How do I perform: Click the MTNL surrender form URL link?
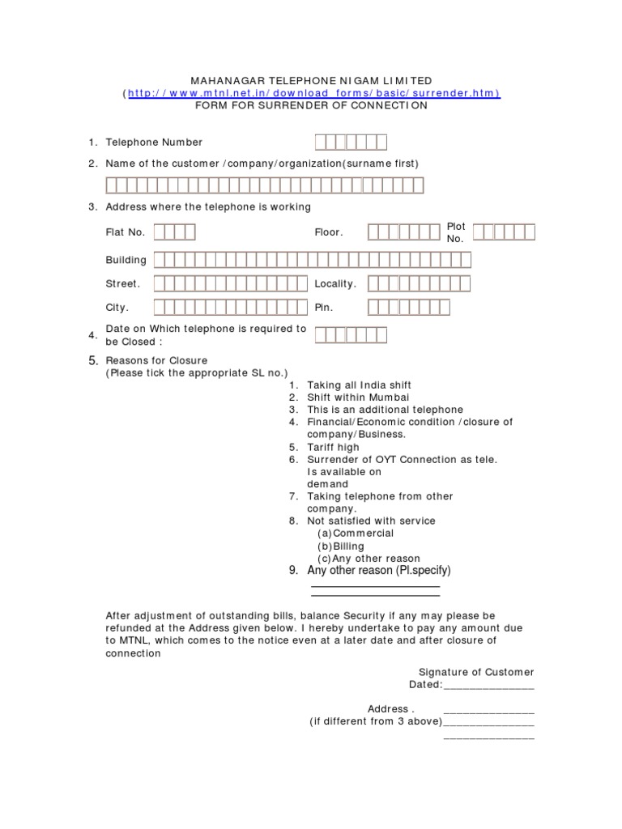tap(312, 93)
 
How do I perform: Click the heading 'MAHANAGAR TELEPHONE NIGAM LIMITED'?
tap(311, 81)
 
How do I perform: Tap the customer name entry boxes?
tap(264, 185)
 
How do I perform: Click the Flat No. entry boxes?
tap(174, 232)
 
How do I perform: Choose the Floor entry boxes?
tap(403, 232)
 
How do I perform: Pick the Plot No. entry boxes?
tap(504, 232)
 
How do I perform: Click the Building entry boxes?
tap(312, 260)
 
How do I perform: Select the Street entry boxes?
tap(232, 284)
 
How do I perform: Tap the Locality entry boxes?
tap(419, 284)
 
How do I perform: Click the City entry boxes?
tap(232, 308)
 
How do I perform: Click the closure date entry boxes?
tap(351, 335)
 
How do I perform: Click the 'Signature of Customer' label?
tap(475, 672)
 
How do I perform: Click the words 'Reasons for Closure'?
tap(156, 360)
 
